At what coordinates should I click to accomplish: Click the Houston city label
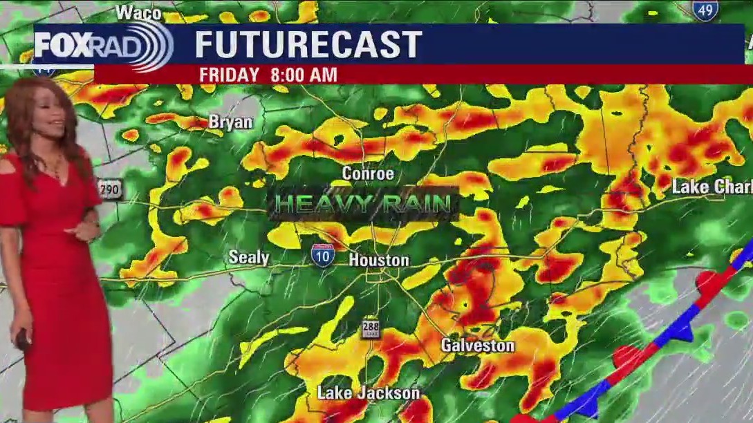[378, 261]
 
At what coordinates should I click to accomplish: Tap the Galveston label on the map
[478, 346]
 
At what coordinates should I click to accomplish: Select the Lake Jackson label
[368, 393]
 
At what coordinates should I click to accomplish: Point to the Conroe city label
[368, 174]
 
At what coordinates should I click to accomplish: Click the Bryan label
[230, 122]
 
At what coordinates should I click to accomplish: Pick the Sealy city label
[249, 258]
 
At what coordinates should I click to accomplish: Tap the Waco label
[138, 12]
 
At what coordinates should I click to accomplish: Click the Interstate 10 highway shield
[322, 254]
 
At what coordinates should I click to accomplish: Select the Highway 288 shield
[371, 328]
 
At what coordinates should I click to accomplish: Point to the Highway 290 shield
[109, 190]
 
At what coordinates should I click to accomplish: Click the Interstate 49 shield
[705, 10]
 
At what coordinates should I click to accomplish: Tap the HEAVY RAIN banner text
[364, 204]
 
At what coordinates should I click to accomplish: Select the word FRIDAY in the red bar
[229, 75]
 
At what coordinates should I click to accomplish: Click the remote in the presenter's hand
[22, 340]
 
